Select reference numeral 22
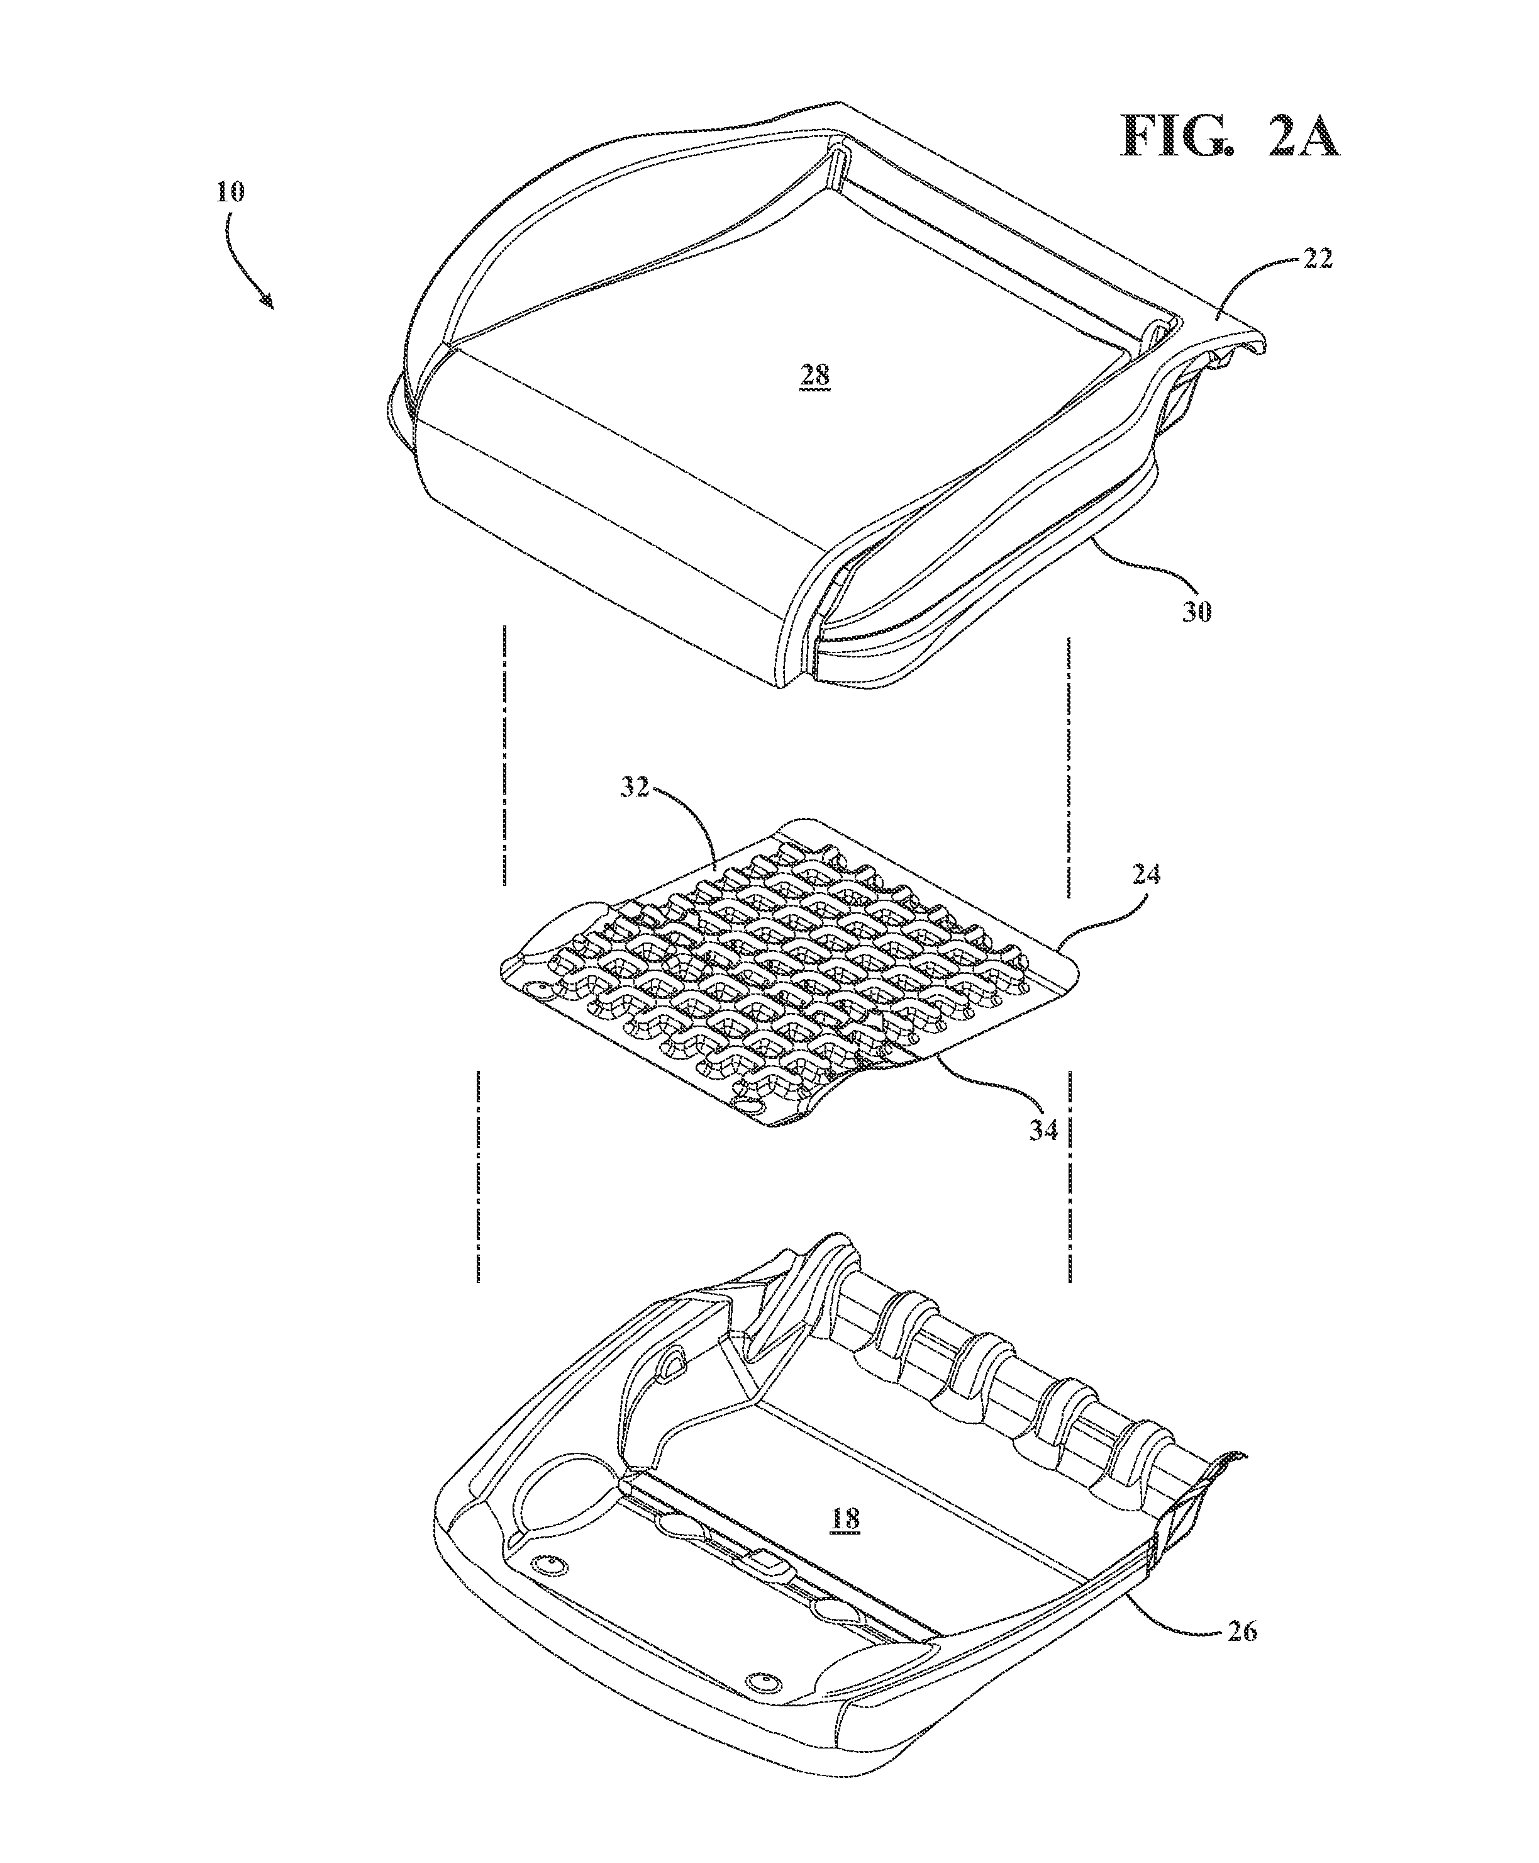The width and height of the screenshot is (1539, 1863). coord(1318,260)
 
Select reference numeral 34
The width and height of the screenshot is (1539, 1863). coord(1043,1131)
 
